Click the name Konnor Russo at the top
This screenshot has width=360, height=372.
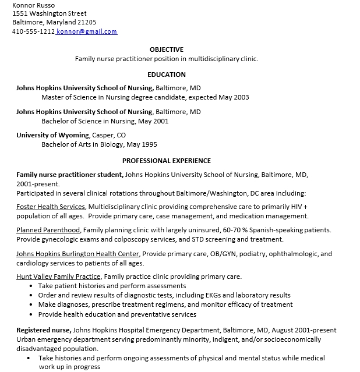tap(32, 5)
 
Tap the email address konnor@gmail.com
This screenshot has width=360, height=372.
tap(87, 31)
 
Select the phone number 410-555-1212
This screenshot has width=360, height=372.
tap(33, 31)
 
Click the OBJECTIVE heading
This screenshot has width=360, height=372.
tap(166, 49)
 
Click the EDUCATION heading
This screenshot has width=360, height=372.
tap(166, 75)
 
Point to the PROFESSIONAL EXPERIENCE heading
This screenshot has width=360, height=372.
tap(166, 161)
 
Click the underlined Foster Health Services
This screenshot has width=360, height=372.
tap(51, 207)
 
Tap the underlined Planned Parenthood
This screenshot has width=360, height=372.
tap(48, 230)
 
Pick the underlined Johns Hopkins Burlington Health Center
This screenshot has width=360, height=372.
tap(77, 254)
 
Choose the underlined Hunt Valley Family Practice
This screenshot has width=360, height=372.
tap(58, 277)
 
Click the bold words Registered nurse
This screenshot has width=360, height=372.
tap(43, 330)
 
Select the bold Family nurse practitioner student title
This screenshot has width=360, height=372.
tap(69, 174)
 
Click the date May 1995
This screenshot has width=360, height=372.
tap(142, 144)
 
